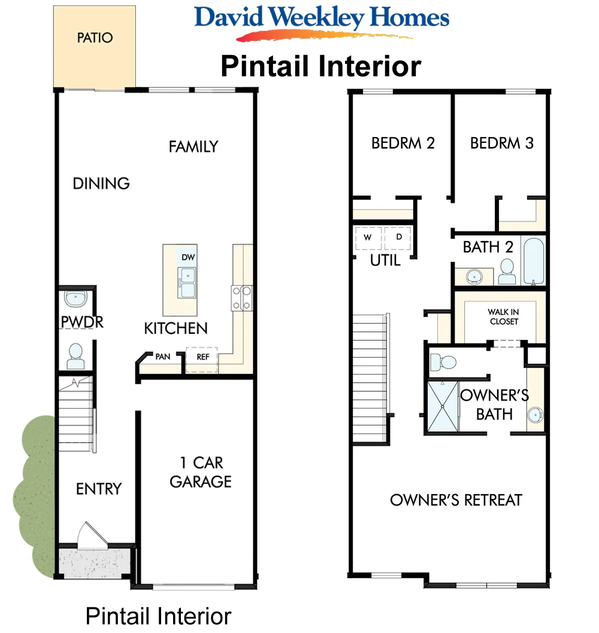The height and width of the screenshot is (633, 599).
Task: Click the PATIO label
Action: (95, 38)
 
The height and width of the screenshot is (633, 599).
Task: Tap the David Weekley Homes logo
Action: (322, 22)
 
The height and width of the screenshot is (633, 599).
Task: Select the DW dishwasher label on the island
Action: (188, 257)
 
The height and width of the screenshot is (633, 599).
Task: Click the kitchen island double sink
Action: (187, 282)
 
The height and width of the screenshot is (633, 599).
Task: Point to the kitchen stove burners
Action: (242, 298)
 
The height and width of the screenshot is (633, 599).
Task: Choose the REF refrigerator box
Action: (202, 360)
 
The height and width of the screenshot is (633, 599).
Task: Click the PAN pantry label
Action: (163, 357)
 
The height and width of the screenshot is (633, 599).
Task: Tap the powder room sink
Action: (75, 299)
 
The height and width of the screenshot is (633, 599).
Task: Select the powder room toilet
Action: (75, 356)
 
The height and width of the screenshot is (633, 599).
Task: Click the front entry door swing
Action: (93, 535)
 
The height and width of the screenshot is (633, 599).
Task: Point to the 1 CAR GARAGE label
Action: (201, 472)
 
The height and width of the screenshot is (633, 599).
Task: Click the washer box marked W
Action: (368, 238)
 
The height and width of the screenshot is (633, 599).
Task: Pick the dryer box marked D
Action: (398, 238)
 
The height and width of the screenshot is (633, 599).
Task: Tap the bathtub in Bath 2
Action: (534, 261)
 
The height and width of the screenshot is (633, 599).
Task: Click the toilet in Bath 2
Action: (507, 272)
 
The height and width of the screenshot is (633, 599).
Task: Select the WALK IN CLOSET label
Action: (503, 316)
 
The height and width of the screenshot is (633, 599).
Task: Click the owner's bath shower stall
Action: (443, 406)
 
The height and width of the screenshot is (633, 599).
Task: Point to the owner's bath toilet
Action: (443, 362)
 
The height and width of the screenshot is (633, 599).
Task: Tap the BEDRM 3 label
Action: (501, 143)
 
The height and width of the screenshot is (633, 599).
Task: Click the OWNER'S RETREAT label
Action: (456, 500)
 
